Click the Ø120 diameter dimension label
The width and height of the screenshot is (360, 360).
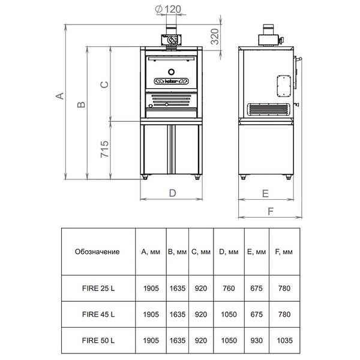coord(168,9)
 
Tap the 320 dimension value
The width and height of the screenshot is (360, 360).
coord(215,36)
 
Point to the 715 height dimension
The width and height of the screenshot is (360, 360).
coord(104,149)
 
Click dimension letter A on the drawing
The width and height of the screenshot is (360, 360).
coord(59,96)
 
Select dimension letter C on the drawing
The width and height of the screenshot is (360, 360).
coord(104,85)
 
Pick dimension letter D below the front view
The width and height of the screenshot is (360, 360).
coord(172,193)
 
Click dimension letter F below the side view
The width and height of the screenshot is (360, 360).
coord(271,211)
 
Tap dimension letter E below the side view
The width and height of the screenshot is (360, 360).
coord(265,194)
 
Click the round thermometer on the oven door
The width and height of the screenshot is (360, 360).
coord(171,72)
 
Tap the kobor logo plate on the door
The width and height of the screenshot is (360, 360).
coord(171,81)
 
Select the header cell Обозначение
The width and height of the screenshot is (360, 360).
coord(97,251)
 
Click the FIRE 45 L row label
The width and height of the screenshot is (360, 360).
coord(98,314)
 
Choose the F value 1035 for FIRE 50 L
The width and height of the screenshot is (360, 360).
coord(284,340)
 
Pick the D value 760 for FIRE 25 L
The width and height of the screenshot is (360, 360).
coord(229,288)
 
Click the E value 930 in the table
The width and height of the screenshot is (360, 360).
coord(256,340)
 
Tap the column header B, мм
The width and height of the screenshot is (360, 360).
coord(177,252)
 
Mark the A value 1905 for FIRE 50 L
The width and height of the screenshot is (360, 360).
coord(151,340)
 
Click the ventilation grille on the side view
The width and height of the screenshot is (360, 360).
coord(268,109)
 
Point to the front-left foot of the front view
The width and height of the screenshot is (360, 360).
coord(145,177)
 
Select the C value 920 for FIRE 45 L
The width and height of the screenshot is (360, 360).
coord(201,314)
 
